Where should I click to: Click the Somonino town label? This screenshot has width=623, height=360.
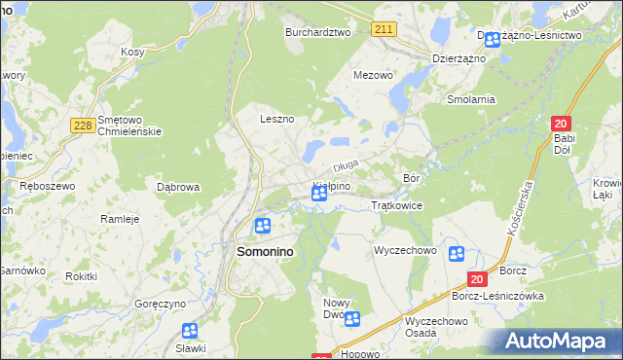(x=266, y=251)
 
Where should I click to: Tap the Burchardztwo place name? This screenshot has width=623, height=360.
(x=316, y=32)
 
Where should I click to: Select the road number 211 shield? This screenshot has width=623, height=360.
(x=383, y=30)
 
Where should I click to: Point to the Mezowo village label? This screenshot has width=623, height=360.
(x=373, y=75)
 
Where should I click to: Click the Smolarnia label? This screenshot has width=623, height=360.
(x=471, y=99)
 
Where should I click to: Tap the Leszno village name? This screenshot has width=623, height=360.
(x=276, y=119)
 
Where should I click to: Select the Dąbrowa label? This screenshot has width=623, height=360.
(x=178, y=186)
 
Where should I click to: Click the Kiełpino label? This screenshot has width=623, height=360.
(x=331, y=185)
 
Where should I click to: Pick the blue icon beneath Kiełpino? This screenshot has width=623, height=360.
(x=318, y=195)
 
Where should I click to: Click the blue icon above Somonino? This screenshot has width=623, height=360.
(x=262, y=227)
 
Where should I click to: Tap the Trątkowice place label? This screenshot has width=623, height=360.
(x=396, y=206)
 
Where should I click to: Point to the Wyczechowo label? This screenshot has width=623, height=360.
(x=405, y=250)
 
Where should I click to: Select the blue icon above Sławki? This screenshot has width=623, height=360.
(x=190, y=331)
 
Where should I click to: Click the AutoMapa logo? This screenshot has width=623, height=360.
(x=558, y=342)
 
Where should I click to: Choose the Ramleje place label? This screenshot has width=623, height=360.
(x=121, y=219)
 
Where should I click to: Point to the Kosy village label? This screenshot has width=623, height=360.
(x=132, y=52)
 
